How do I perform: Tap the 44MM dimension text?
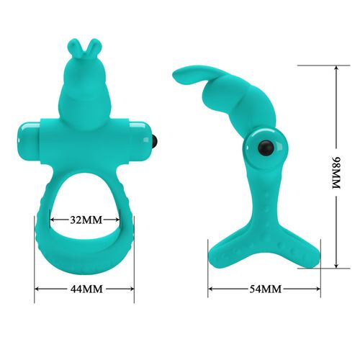[x=84, y=289]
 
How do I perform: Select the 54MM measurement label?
[x=264, y=289]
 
